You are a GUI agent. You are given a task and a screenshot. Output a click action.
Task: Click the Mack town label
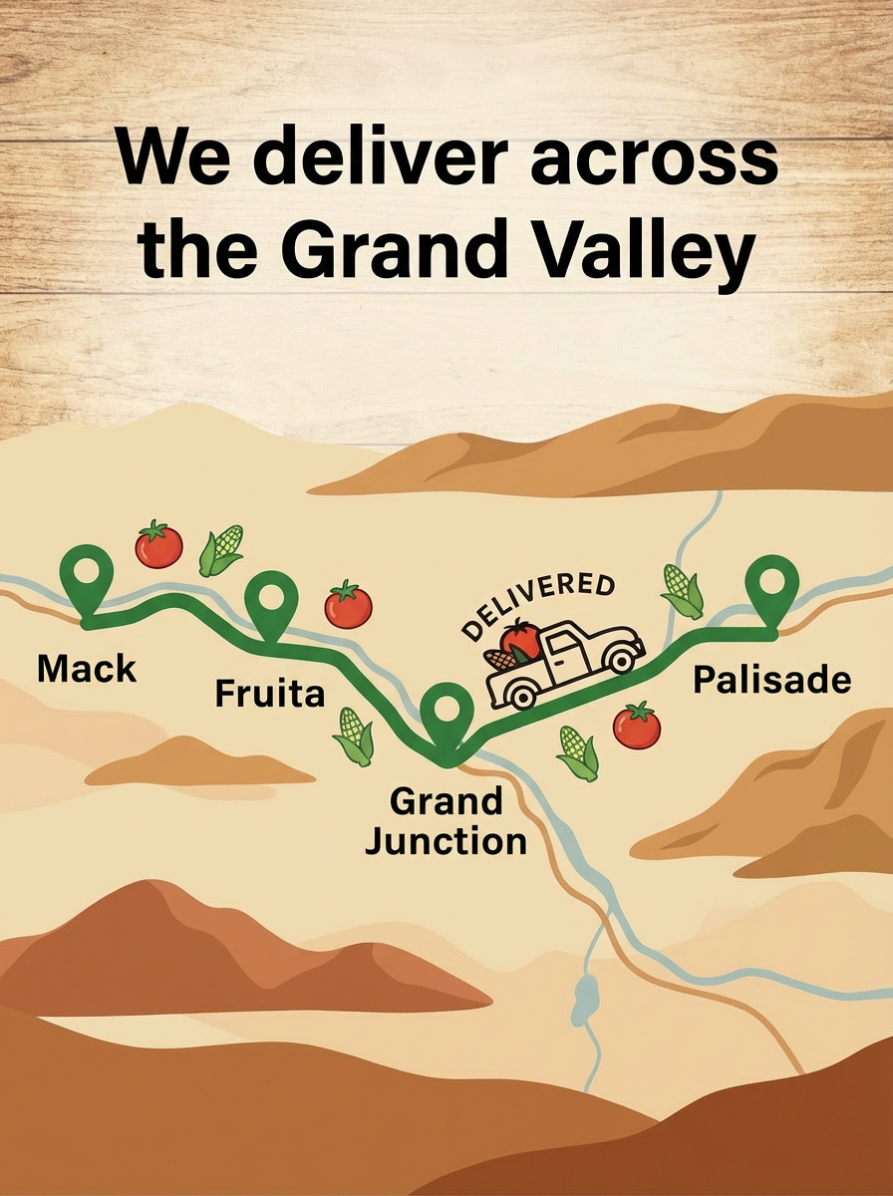coord(87,669)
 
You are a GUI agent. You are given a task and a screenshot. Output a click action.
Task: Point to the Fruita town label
coord(269,693)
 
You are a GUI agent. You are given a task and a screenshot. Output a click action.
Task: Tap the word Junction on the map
coord(446,840)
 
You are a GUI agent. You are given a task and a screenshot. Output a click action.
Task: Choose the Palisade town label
coord(772,680)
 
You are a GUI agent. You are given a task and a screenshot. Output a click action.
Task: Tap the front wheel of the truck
coord(623,659)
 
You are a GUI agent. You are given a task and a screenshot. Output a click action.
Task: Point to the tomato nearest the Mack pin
coord(159,544)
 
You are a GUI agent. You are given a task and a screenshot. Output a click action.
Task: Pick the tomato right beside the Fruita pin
coord(348,605)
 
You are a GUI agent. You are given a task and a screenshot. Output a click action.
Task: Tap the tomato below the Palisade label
coord(637,726)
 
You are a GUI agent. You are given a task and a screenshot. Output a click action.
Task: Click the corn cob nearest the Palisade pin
coord(684,590)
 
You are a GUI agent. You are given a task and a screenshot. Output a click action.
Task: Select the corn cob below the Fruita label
coord(354,737)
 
